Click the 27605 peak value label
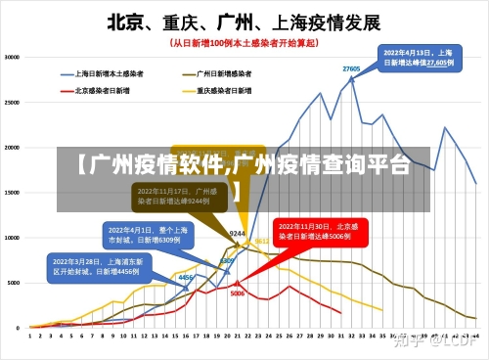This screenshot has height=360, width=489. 351,68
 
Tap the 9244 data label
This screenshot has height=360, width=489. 237,234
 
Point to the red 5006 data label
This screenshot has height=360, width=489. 238,293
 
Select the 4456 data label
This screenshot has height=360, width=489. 184,278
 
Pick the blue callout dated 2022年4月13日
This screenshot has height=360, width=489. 418,57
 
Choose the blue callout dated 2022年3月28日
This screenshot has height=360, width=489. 97,266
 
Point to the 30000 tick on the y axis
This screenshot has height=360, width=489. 13,58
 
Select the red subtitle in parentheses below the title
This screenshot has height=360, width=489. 244,43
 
